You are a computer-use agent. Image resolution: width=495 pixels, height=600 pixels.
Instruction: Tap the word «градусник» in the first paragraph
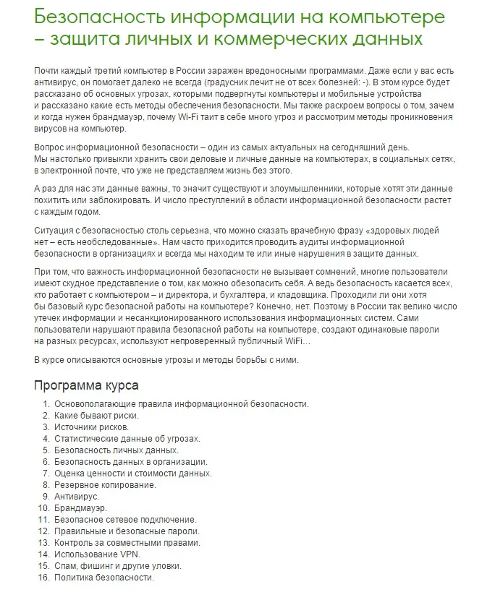(202, 82)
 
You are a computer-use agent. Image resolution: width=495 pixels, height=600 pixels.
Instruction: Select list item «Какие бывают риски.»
(96, 416)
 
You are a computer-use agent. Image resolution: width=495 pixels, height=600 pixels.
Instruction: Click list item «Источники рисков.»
(90, 427)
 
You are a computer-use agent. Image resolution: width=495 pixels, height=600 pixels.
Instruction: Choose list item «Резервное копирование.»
(105, 485)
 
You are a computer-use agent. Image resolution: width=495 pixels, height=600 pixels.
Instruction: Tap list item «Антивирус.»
(77, 497)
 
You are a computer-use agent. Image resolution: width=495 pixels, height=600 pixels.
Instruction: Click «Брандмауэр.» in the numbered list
(80, 508)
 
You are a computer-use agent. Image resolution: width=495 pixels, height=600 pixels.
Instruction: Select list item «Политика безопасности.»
(104, 578)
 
